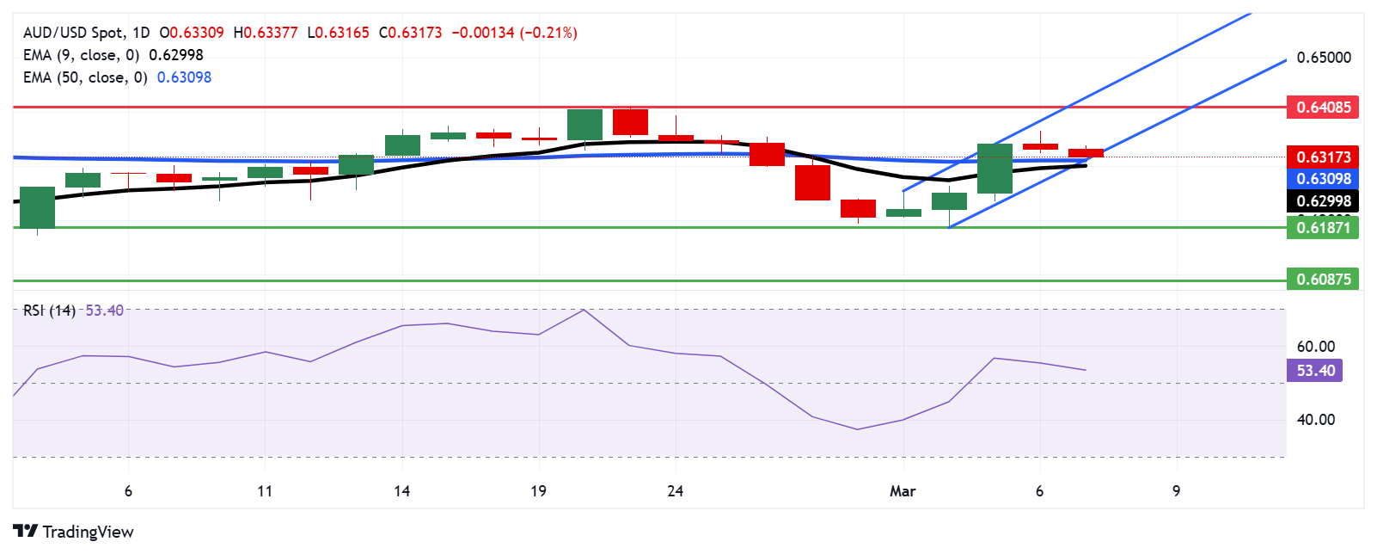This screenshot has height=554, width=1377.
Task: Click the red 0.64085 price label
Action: (x=1323, y=108)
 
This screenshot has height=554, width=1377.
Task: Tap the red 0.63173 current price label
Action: (x=1323, y=157)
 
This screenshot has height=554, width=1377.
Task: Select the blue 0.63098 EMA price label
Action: (x=1323, y=179)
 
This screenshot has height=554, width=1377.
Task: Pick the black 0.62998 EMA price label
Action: (x=1323, y=201)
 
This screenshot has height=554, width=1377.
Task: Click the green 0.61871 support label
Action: (x=1323, y=228)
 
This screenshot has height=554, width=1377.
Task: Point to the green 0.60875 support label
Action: (x=1323, y=280)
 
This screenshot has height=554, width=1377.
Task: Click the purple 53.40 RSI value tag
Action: (x=1315, y=371)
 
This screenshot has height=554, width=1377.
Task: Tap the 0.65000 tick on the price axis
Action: (x=1324, y=58)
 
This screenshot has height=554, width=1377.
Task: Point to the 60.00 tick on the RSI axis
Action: (x=1315, y=347)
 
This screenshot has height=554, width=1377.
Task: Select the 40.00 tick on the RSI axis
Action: (x=1315, y=420)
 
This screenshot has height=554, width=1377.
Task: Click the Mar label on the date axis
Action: (x=903, y=491)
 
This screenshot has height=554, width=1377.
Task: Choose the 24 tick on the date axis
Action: (x=676, y=491)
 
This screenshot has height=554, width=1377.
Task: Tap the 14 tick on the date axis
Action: (x=401, y=491)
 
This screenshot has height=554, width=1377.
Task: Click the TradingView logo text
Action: (x=87, y=532)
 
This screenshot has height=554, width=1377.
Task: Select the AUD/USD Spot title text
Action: (x=74, y=33)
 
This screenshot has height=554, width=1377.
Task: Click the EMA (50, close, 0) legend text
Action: (x=85, y=77)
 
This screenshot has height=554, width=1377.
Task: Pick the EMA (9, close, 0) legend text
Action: (x=81, y=55)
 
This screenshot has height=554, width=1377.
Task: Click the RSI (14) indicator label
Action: (x=49, y=311)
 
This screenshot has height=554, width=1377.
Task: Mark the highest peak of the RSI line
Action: (x=584, y=310)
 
